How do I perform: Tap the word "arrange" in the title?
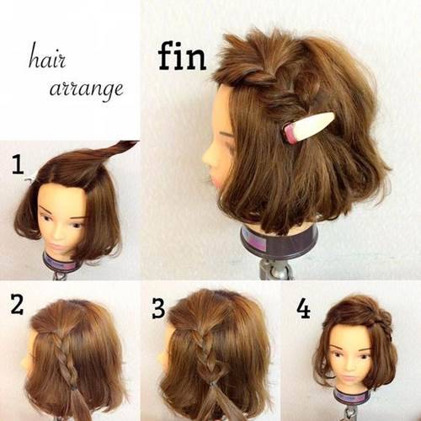[86, 89]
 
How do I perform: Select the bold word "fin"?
[182, 56]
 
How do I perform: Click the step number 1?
[19, 165]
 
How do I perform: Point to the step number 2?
[17, 304]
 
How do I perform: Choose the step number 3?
[158, 308]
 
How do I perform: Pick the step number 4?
[304, 309]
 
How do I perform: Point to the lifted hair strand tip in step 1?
[134, 142]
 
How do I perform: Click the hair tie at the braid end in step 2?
[73, 388]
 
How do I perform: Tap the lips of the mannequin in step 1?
[57, 246]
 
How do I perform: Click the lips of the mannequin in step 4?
[349, 379]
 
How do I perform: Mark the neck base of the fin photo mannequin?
[280, 242]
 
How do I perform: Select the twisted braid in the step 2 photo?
[65, 360]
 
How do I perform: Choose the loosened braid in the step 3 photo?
[206, 355]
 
